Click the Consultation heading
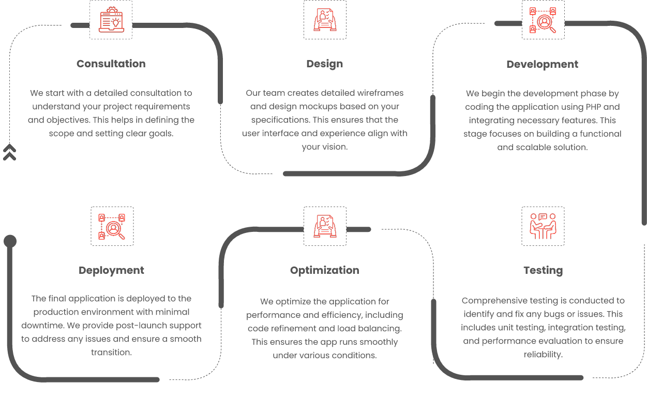click(111, 64)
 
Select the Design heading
click(325, 64)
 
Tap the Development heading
click(543, 65)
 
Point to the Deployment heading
click(111, 271)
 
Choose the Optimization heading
click(325, 270)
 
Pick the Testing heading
click(543, 271)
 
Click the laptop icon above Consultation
click(111, 20)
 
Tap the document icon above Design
click(325, 20)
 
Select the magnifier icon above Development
click(543, 20)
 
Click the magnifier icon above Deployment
click(112, 226)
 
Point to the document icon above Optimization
click(325, 226)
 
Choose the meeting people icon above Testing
click(543, 226)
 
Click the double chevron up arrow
click(9, 152)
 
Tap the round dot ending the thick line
click(10, 241)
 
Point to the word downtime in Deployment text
click(43, 326)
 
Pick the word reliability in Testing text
click(543, 355)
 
